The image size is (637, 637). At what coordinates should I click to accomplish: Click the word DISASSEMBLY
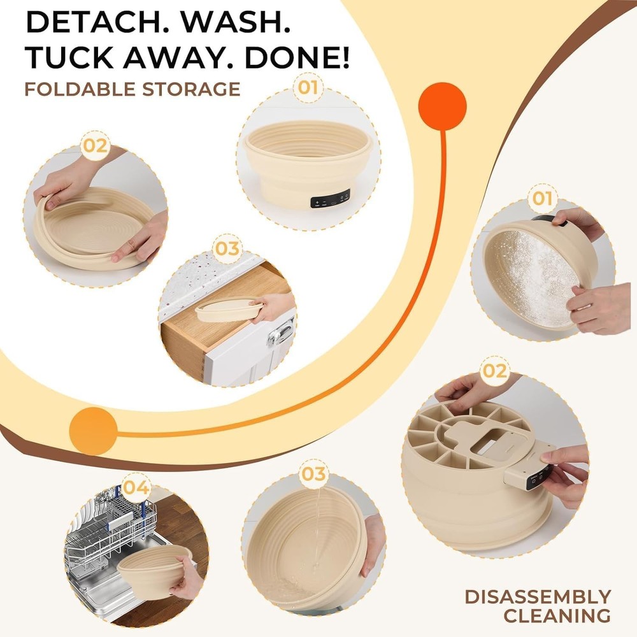coord(538,597)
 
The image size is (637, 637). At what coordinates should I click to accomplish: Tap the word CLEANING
coord(558,616)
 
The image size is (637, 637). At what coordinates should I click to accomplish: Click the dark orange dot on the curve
coord(443,105)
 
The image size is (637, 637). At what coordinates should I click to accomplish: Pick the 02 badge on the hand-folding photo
coord(94,146)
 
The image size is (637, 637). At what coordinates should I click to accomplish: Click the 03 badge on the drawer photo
coord(226,249)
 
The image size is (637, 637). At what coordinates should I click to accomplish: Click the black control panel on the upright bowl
coord(330,199)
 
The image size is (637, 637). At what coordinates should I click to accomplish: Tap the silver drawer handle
coord(281,331)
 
